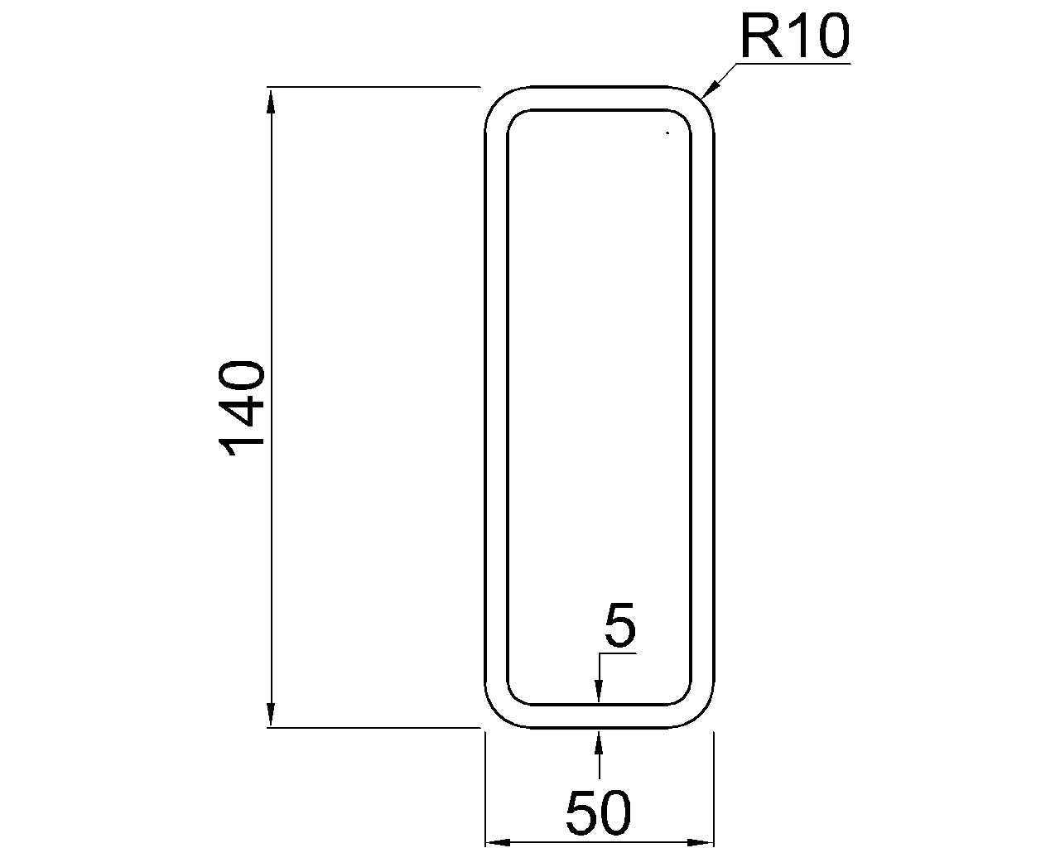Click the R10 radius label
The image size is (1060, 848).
[x=794, y=37]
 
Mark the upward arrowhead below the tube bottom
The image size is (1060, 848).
[x=599, y=740]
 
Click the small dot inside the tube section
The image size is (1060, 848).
[x=666, y=132]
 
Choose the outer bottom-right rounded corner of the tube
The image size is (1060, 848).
[x=704, y=717]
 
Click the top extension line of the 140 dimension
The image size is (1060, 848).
[x=373, y=86]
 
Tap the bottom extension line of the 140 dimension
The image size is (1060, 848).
[x=373, y=727]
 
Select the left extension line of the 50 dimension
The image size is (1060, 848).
[x=484, y=787]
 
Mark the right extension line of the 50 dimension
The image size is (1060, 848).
[x=713, y=787]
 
